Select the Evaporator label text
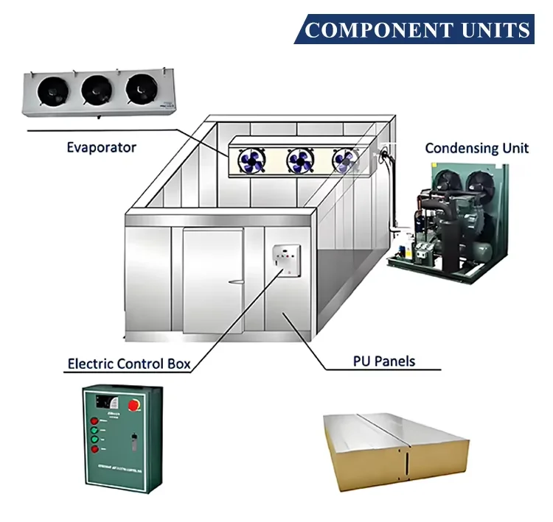point(101,147)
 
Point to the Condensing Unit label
point(476,148)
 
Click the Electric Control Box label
point(133,363)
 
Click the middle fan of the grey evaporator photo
point(96,88)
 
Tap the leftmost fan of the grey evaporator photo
point(53,88)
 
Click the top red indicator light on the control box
point(95,421)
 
